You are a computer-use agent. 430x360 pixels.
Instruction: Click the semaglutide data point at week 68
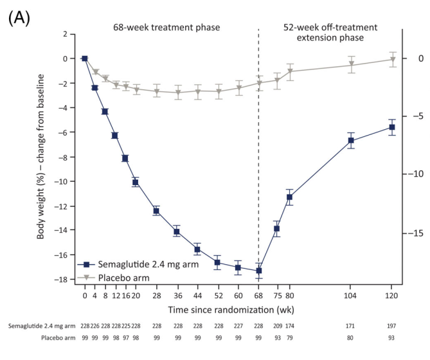point(259,271)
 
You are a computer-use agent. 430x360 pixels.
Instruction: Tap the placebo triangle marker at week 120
point(391,60)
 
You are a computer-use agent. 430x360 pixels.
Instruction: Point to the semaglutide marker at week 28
point(156,211)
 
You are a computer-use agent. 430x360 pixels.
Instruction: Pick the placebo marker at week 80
point(289,72)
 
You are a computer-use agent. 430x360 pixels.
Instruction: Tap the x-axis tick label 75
point(278,296)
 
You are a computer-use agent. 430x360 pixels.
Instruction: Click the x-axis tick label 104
point(351,296)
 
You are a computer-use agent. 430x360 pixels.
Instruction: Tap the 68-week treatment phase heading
point(166,28)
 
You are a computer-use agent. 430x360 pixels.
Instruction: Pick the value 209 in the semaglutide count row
point(278,326)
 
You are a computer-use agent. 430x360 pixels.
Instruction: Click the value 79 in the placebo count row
point(289,337)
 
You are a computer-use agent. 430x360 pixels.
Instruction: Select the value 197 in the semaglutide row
point(391,326)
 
